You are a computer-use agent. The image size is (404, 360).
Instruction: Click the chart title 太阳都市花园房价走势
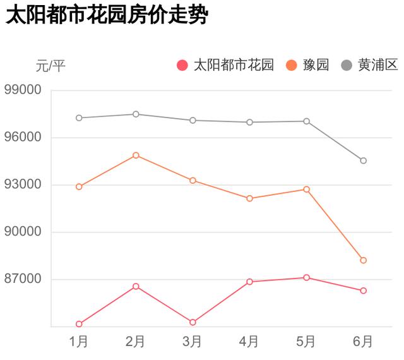(106, 15)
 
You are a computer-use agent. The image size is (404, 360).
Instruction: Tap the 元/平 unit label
(51, 65)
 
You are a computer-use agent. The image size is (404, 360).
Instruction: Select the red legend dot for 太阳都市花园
(183, 65)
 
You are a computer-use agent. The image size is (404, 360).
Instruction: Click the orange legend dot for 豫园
(292, 65)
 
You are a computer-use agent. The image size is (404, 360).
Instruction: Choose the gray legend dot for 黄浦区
(347, 65)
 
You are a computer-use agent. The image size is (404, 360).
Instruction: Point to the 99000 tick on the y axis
(23, 90)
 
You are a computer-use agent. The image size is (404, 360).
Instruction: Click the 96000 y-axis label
(23, 137)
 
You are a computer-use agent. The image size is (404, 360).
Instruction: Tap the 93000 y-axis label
(23, 184)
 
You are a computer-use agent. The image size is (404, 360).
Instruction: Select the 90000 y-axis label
(23, 232)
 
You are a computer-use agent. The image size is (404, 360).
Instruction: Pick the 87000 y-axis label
(23, 279)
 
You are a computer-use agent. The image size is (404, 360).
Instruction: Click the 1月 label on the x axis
(79, 342)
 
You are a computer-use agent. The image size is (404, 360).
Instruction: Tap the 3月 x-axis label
(193, 342)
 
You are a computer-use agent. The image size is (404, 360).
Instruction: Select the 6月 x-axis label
(363, 342)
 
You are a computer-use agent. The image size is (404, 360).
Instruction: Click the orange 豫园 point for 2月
(136, 155)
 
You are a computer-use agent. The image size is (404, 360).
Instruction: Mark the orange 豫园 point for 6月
(363, 260)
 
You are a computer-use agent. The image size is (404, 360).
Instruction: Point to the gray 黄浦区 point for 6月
(363, 160)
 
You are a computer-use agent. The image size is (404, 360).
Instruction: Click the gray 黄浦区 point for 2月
(136, 114)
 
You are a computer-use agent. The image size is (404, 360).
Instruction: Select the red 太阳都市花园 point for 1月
(79, 324)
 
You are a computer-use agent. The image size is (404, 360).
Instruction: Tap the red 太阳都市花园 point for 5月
(306, 277)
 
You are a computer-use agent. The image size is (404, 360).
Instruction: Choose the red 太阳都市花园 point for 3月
(193, 322)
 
